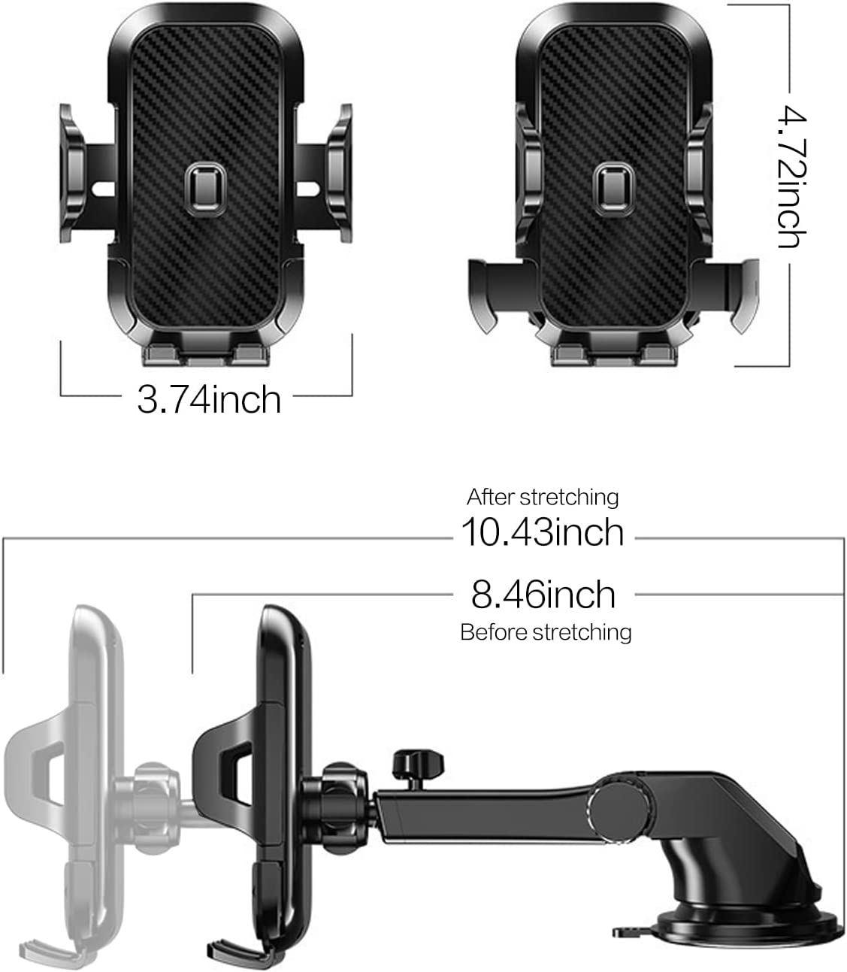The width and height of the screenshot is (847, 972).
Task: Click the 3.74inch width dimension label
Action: [x=208, y=398]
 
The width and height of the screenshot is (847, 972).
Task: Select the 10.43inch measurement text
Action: [x=542, y=532]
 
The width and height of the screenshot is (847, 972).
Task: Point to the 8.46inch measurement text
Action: [x=543, y=595]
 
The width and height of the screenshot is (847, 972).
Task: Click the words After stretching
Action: [x=543, y=497]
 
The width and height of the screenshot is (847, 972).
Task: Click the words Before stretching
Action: [x=546, y=632]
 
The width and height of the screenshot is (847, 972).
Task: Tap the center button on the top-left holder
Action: [x=201, y=185]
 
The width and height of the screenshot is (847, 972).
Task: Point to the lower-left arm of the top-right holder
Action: [x=488, y=289]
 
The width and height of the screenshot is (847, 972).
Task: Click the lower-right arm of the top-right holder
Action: [x=733, y=289]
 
